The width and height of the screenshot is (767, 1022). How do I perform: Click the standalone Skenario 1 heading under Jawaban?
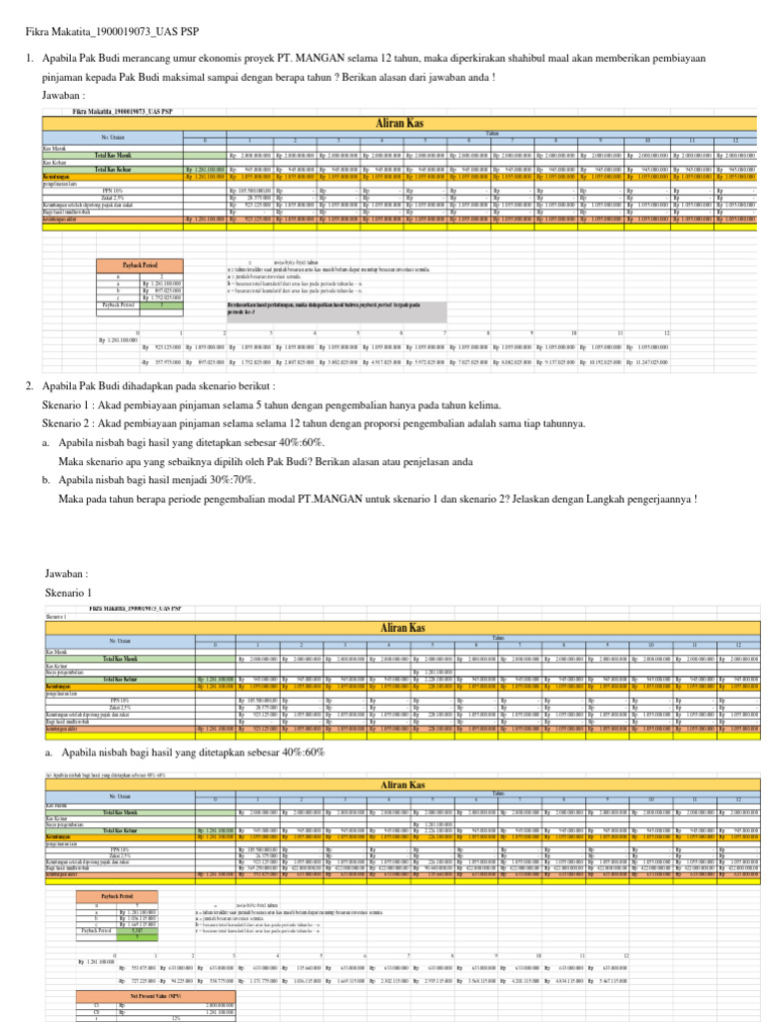tap(68, 592)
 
